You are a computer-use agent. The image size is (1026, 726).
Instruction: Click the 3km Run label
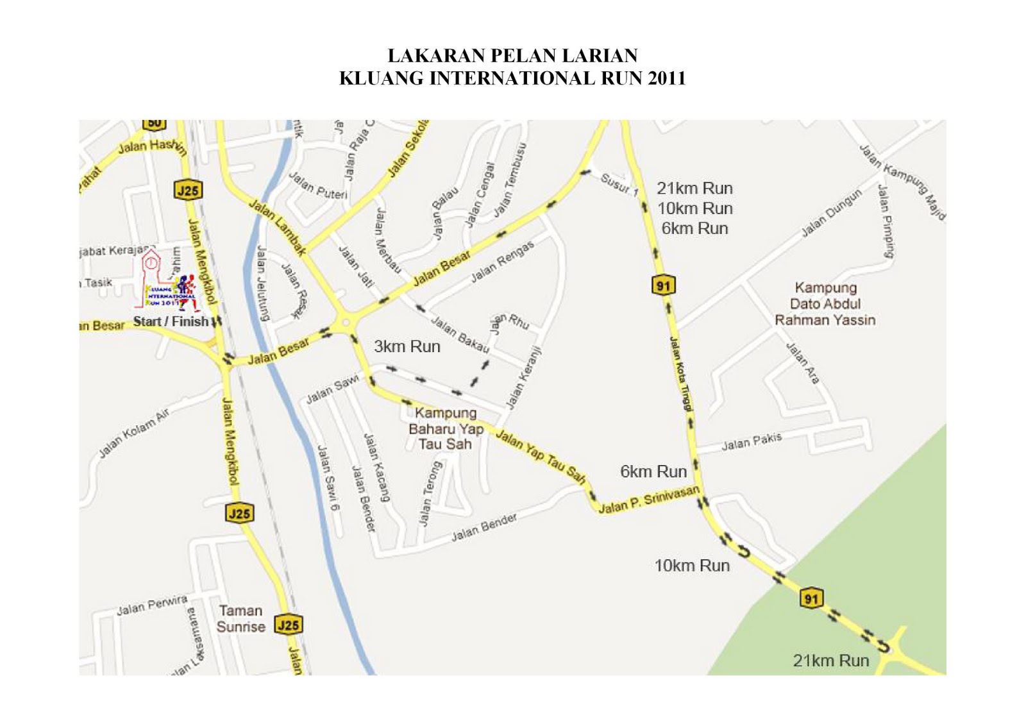click(x=407, y=347)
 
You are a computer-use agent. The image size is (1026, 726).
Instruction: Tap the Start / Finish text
click(x=171, y=321)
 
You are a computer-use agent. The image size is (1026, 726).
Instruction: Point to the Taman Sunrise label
click(x=240, y=619)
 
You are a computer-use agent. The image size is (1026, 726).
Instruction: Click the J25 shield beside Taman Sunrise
click(x=289, y=625)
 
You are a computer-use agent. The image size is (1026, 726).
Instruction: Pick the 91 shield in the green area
click(x=811, y=598)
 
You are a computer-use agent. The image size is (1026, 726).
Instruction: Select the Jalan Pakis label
click(x=752, y=442)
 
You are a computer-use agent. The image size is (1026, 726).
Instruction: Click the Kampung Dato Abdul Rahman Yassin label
click(x=825, y=304)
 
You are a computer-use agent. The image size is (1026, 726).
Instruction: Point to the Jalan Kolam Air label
click(x=134, y=434)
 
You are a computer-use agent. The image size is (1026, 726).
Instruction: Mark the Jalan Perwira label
click(x=152, y=605)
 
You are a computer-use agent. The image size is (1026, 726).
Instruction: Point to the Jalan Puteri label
click(x=317, y=185)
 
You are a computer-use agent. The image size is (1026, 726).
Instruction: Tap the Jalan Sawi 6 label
click(x=328, y=478)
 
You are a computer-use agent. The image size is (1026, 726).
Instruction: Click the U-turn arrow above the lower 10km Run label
click(x=743, y=550)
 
